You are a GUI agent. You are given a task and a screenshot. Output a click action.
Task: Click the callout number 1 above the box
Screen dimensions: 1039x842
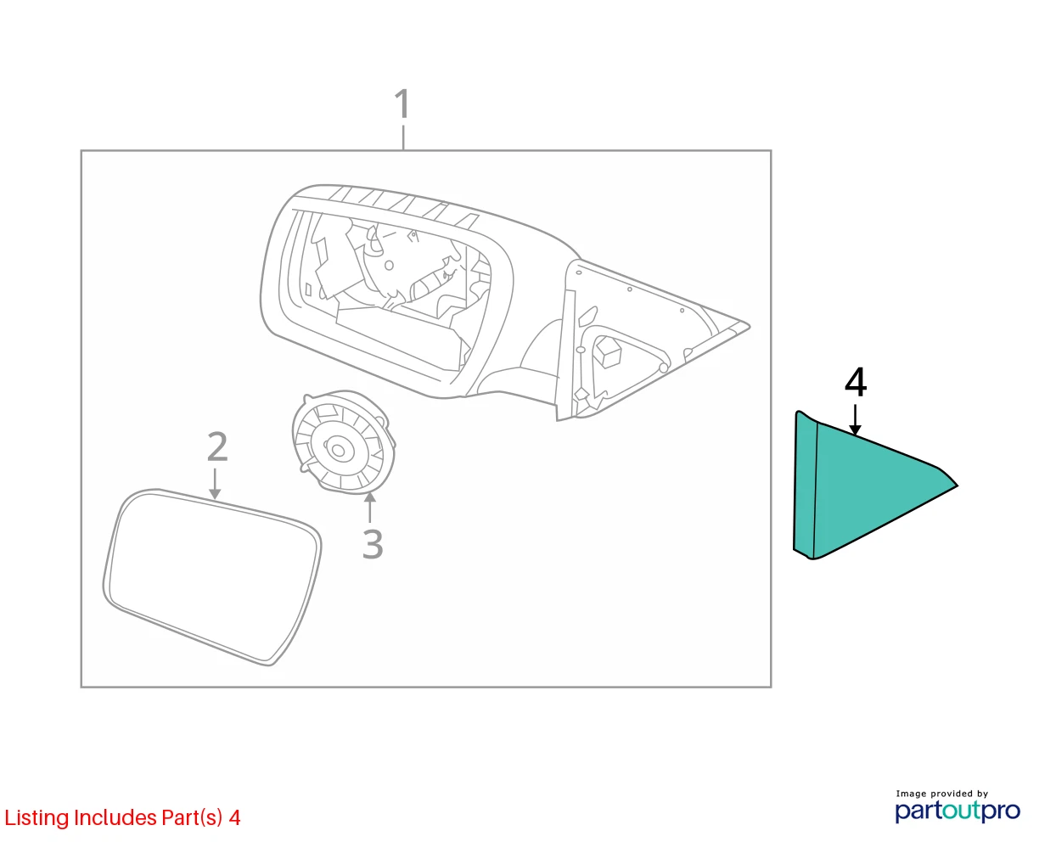click(402, 104)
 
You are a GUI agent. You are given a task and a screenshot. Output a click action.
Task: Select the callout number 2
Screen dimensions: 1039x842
click(217, 446)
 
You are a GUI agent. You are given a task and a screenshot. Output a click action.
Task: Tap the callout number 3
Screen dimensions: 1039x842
click(373, 544)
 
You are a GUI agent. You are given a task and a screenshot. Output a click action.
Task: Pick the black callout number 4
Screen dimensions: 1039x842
click(856, 383)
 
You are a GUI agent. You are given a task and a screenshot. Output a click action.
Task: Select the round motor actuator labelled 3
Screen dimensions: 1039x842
click(344, 442)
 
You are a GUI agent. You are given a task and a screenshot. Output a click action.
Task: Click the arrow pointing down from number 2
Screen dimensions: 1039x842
click(215, 484)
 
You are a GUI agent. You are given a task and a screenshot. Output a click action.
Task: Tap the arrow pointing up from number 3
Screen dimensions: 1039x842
click(370, 508)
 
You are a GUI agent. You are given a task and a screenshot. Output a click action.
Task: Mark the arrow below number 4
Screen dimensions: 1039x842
click(855, 419)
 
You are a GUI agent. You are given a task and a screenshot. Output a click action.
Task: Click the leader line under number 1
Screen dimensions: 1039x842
click(403, 138)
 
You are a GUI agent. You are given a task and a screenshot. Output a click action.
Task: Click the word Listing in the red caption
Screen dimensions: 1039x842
click(37, 818)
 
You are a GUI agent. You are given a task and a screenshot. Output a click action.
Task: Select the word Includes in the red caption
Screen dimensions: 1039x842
click(115, 817)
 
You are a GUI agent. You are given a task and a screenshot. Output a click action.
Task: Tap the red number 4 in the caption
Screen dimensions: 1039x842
click(234, 818)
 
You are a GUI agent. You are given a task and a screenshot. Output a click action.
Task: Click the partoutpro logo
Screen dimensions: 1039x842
click(958, 811)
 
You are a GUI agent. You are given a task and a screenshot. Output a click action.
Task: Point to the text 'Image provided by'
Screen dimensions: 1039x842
click(942, 794)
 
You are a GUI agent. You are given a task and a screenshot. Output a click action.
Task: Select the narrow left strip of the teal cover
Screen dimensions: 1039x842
click(806, 486)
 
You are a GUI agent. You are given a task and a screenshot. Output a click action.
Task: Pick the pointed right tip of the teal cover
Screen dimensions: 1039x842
click(957, 486)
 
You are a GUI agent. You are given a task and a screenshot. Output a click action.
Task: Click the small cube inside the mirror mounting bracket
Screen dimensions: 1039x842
click(607, 351)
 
